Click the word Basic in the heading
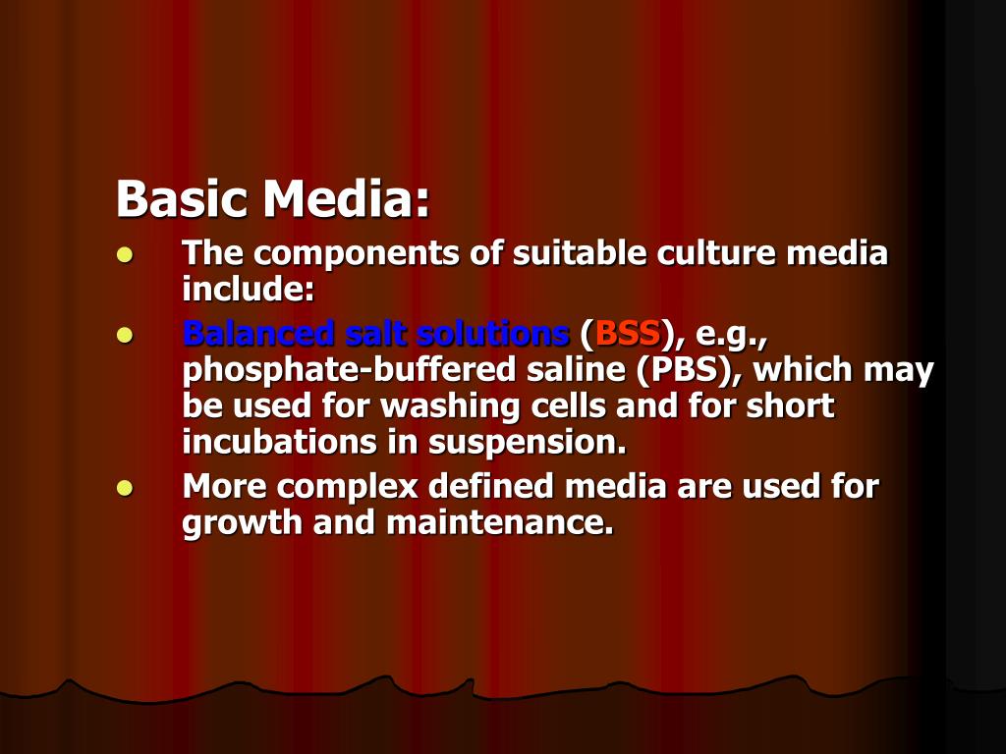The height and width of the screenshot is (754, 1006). tap(181, 199)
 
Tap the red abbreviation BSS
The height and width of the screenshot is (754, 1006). tap(628, 334)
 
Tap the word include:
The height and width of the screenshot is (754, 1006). tap(248, 289)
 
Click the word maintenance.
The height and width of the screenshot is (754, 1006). tap(500, 522)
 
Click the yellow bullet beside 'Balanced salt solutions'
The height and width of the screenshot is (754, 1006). tap(124, 336)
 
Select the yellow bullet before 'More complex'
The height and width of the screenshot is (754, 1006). tap(124, 488)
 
